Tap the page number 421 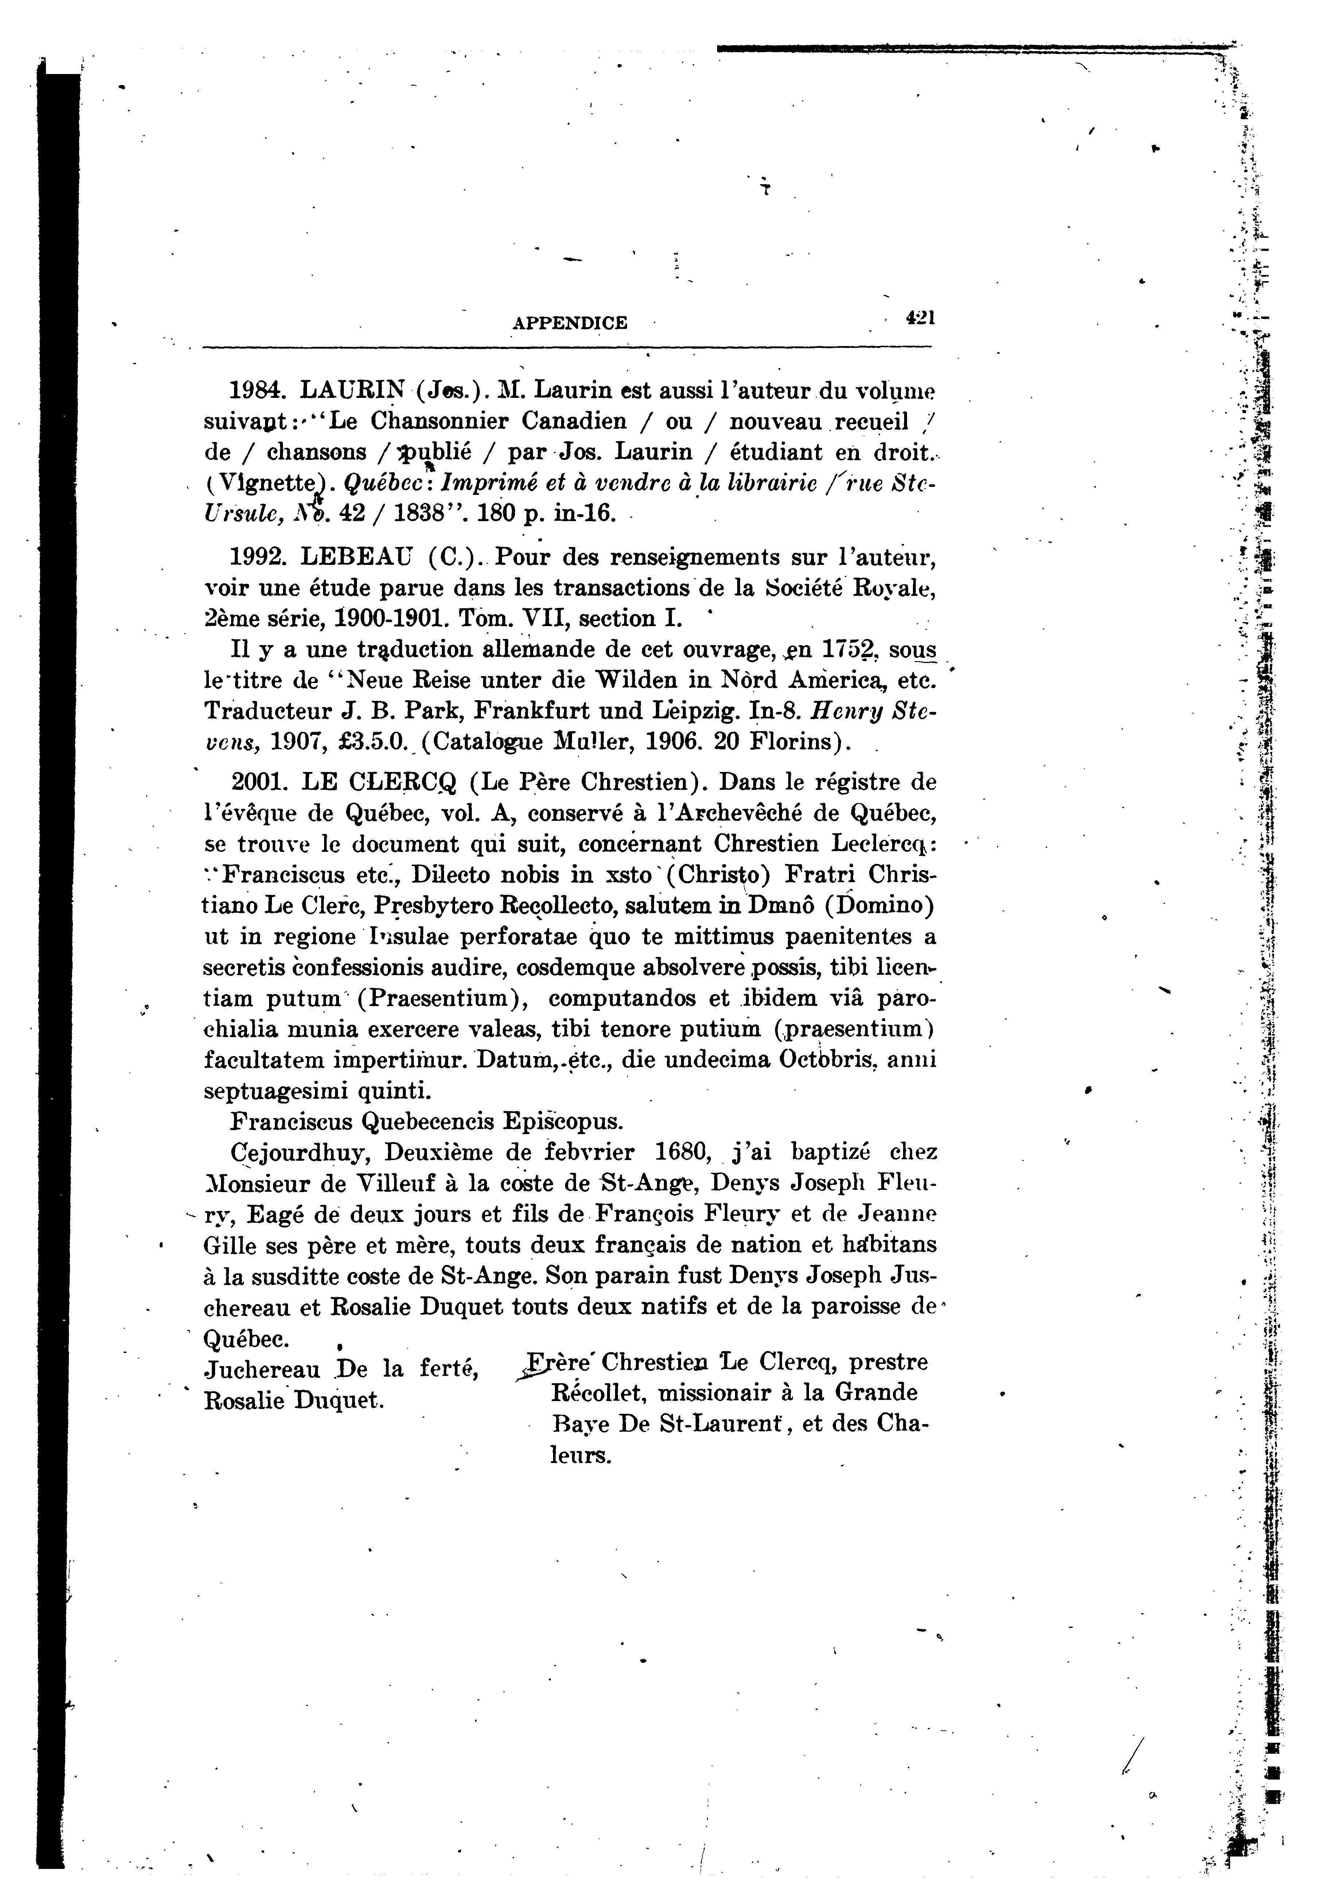click(x=918, y=317)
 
